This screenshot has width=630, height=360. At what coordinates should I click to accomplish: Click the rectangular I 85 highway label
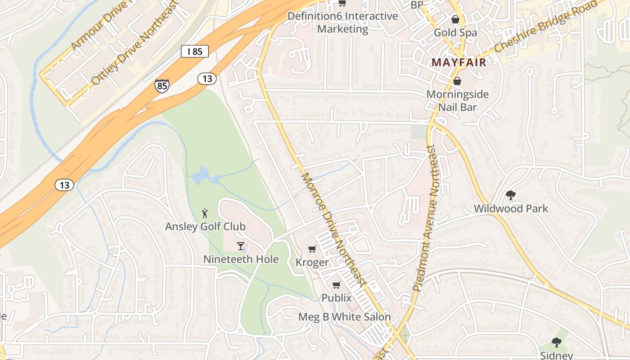[x=195, y=51]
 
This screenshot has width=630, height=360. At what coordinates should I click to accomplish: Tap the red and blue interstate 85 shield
[x=162, y=85]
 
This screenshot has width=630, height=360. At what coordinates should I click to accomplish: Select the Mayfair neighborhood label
[x=459, y=63]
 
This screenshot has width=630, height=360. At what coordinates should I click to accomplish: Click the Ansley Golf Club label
[x=205, y=226]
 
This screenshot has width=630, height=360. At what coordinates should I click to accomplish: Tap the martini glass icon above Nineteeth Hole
[x=241, y=246]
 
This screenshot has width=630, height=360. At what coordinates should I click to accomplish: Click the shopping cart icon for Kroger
[x=312, y=249]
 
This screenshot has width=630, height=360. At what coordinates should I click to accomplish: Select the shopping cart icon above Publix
[x=336, y=285]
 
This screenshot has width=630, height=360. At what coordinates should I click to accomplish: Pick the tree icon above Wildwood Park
[x=510, y=195]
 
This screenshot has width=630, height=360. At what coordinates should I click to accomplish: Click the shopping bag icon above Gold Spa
[x=455, y=19]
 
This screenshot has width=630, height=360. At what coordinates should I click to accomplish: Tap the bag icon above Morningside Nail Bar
[x=457, y=81]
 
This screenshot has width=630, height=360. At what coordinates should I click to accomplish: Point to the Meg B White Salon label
[x=345, y=317]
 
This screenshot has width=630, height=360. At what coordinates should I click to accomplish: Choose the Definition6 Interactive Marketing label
[x=342, y=22]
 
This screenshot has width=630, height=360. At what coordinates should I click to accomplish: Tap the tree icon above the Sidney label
[x=557, y=342]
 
